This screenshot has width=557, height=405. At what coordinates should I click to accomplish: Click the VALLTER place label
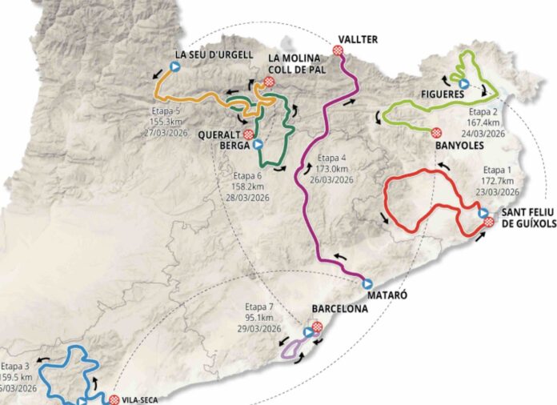357,39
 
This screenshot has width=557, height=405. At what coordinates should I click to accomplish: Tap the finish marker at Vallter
339,50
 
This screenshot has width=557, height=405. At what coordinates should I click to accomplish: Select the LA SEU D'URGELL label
213,54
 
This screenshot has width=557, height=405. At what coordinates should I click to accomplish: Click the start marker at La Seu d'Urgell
173,67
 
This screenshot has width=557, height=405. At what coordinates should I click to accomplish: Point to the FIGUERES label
442,94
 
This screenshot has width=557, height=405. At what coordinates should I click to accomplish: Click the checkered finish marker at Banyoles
436,132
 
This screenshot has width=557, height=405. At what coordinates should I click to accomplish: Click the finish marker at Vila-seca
114,399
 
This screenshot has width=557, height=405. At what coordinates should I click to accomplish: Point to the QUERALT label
222,135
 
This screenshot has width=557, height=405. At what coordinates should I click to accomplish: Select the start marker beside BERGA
258,146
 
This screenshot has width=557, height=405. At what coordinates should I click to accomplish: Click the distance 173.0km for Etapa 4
332,169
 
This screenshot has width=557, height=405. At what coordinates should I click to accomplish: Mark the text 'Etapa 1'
497,170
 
